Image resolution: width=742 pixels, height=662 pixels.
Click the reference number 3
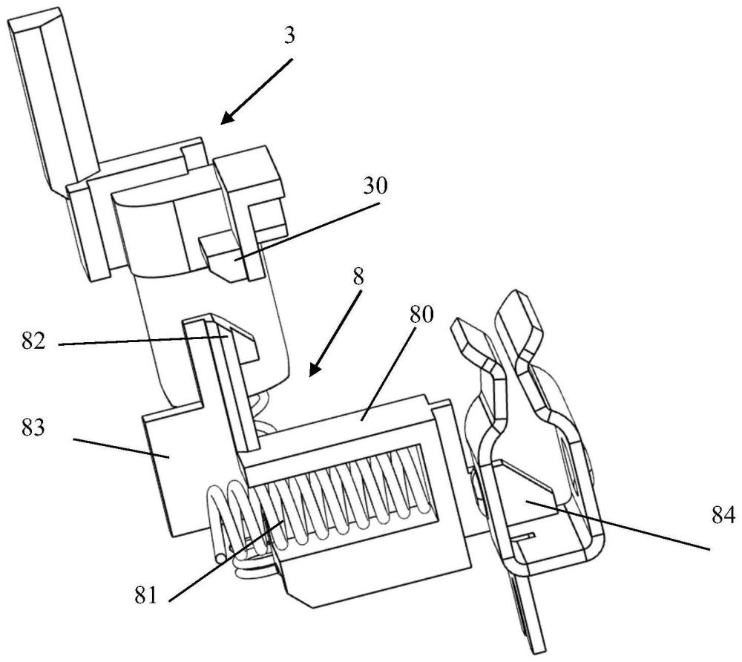tap(289, 36)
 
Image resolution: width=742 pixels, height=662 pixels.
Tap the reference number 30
tap(375, 186)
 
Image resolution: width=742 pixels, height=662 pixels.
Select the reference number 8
tap(358, 278)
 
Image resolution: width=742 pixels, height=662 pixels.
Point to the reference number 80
tap(421, 315)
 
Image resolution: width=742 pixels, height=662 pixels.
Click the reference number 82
tap(33, 341)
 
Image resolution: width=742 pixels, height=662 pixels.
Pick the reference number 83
tap(33, 427)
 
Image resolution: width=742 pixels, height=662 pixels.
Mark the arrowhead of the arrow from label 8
tap(314, 369)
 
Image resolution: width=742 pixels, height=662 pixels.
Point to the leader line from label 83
tap(121, 448)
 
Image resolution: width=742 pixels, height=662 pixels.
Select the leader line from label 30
tap(308, 231)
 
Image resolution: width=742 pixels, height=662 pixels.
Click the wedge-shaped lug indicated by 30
tap(223, 258)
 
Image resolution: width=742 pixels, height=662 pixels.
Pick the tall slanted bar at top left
tap(52, 95)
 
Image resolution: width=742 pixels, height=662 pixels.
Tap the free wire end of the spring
tap(220, 558)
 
